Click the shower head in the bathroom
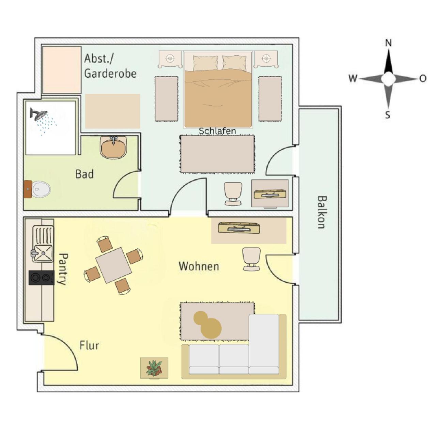(38, 114)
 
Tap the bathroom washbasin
(113, 147)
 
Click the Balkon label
(321, 212)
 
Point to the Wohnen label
(199, 266)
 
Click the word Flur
(89, 345)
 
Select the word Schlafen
(217, 130)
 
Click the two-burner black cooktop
(42, 278)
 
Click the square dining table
(113, 265)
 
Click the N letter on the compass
(388, 43)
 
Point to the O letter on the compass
(423, 79)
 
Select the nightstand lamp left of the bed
(170, 58)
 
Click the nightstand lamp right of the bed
(266, 58)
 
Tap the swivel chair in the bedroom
(233, 194)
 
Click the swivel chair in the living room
(252, 259)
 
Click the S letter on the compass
(388, 115)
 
